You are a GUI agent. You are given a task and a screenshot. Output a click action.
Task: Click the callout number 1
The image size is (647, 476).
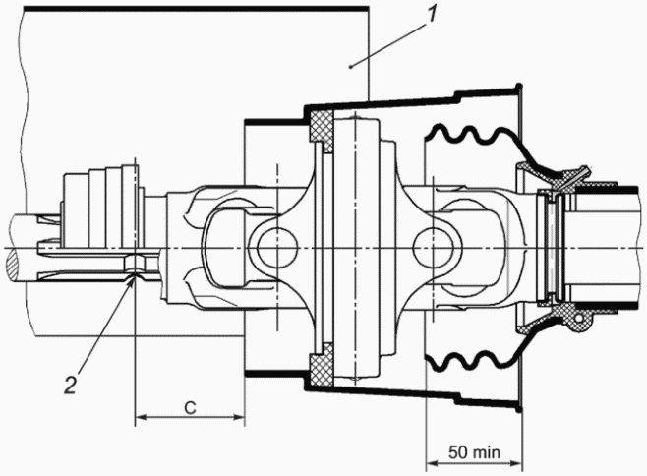(432, 15)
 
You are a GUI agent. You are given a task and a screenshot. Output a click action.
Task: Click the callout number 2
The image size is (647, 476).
(71, 385)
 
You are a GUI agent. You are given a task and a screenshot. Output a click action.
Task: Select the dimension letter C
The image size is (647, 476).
(190, 408)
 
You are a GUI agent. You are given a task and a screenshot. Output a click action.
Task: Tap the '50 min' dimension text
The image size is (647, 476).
(475, 452)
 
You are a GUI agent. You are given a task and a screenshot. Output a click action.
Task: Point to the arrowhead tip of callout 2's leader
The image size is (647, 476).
(134, 276)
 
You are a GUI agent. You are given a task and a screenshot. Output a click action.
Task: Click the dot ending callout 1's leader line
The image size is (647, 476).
(351, 66)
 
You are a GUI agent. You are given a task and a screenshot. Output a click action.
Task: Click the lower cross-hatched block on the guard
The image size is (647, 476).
(322, 366)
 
